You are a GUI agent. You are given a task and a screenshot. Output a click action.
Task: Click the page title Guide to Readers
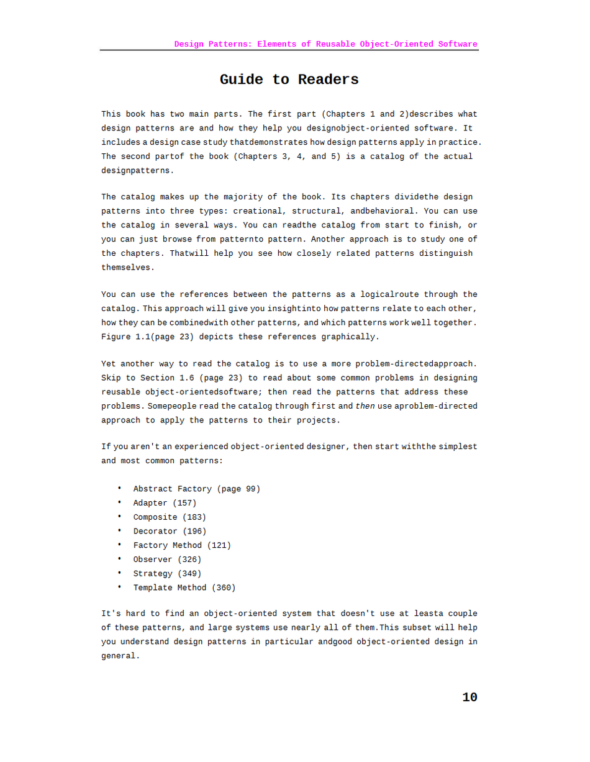tap(289, 79)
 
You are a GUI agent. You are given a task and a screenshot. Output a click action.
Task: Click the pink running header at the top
tap(325, 44)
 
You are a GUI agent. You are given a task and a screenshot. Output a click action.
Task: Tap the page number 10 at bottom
tap(470, 697)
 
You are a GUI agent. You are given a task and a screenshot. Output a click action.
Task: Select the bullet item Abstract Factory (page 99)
tap(196, 489)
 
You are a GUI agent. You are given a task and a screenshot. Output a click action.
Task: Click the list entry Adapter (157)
tap(165, 503)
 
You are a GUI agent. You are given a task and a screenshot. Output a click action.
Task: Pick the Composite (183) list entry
tap(170, 517)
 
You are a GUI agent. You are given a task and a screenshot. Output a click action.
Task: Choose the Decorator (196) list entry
tap(170, 532)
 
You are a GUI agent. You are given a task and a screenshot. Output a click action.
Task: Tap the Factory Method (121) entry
tap(182, 545)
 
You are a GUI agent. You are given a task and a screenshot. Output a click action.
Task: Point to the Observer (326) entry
tap(167, 560)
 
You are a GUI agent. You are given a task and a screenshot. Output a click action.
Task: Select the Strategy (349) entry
tap(167, 574)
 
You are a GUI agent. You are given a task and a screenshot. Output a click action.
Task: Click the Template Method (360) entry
tap(184, 587)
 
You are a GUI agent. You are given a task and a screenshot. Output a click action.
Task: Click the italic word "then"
tap(365, 406)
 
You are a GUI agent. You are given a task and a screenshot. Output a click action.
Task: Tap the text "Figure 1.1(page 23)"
tap(145, 337)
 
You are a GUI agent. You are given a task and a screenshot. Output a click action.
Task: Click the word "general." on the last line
tap(120, 656)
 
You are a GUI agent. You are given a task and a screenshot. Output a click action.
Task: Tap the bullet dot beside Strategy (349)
tap(119, 573)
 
